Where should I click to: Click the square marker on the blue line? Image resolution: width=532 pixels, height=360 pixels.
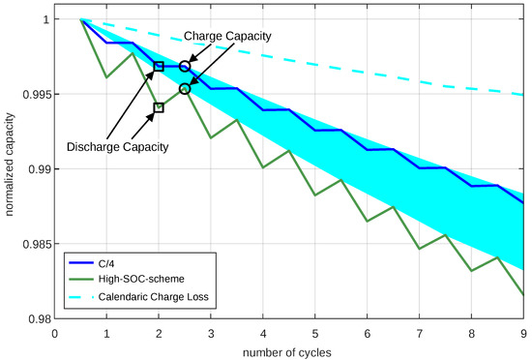point(160,66)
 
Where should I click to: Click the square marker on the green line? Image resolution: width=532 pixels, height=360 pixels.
point(160,107)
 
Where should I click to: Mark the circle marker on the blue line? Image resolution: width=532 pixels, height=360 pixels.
point(185,66)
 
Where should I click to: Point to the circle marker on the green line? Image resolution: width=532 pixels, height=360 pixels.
point(185,88)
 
